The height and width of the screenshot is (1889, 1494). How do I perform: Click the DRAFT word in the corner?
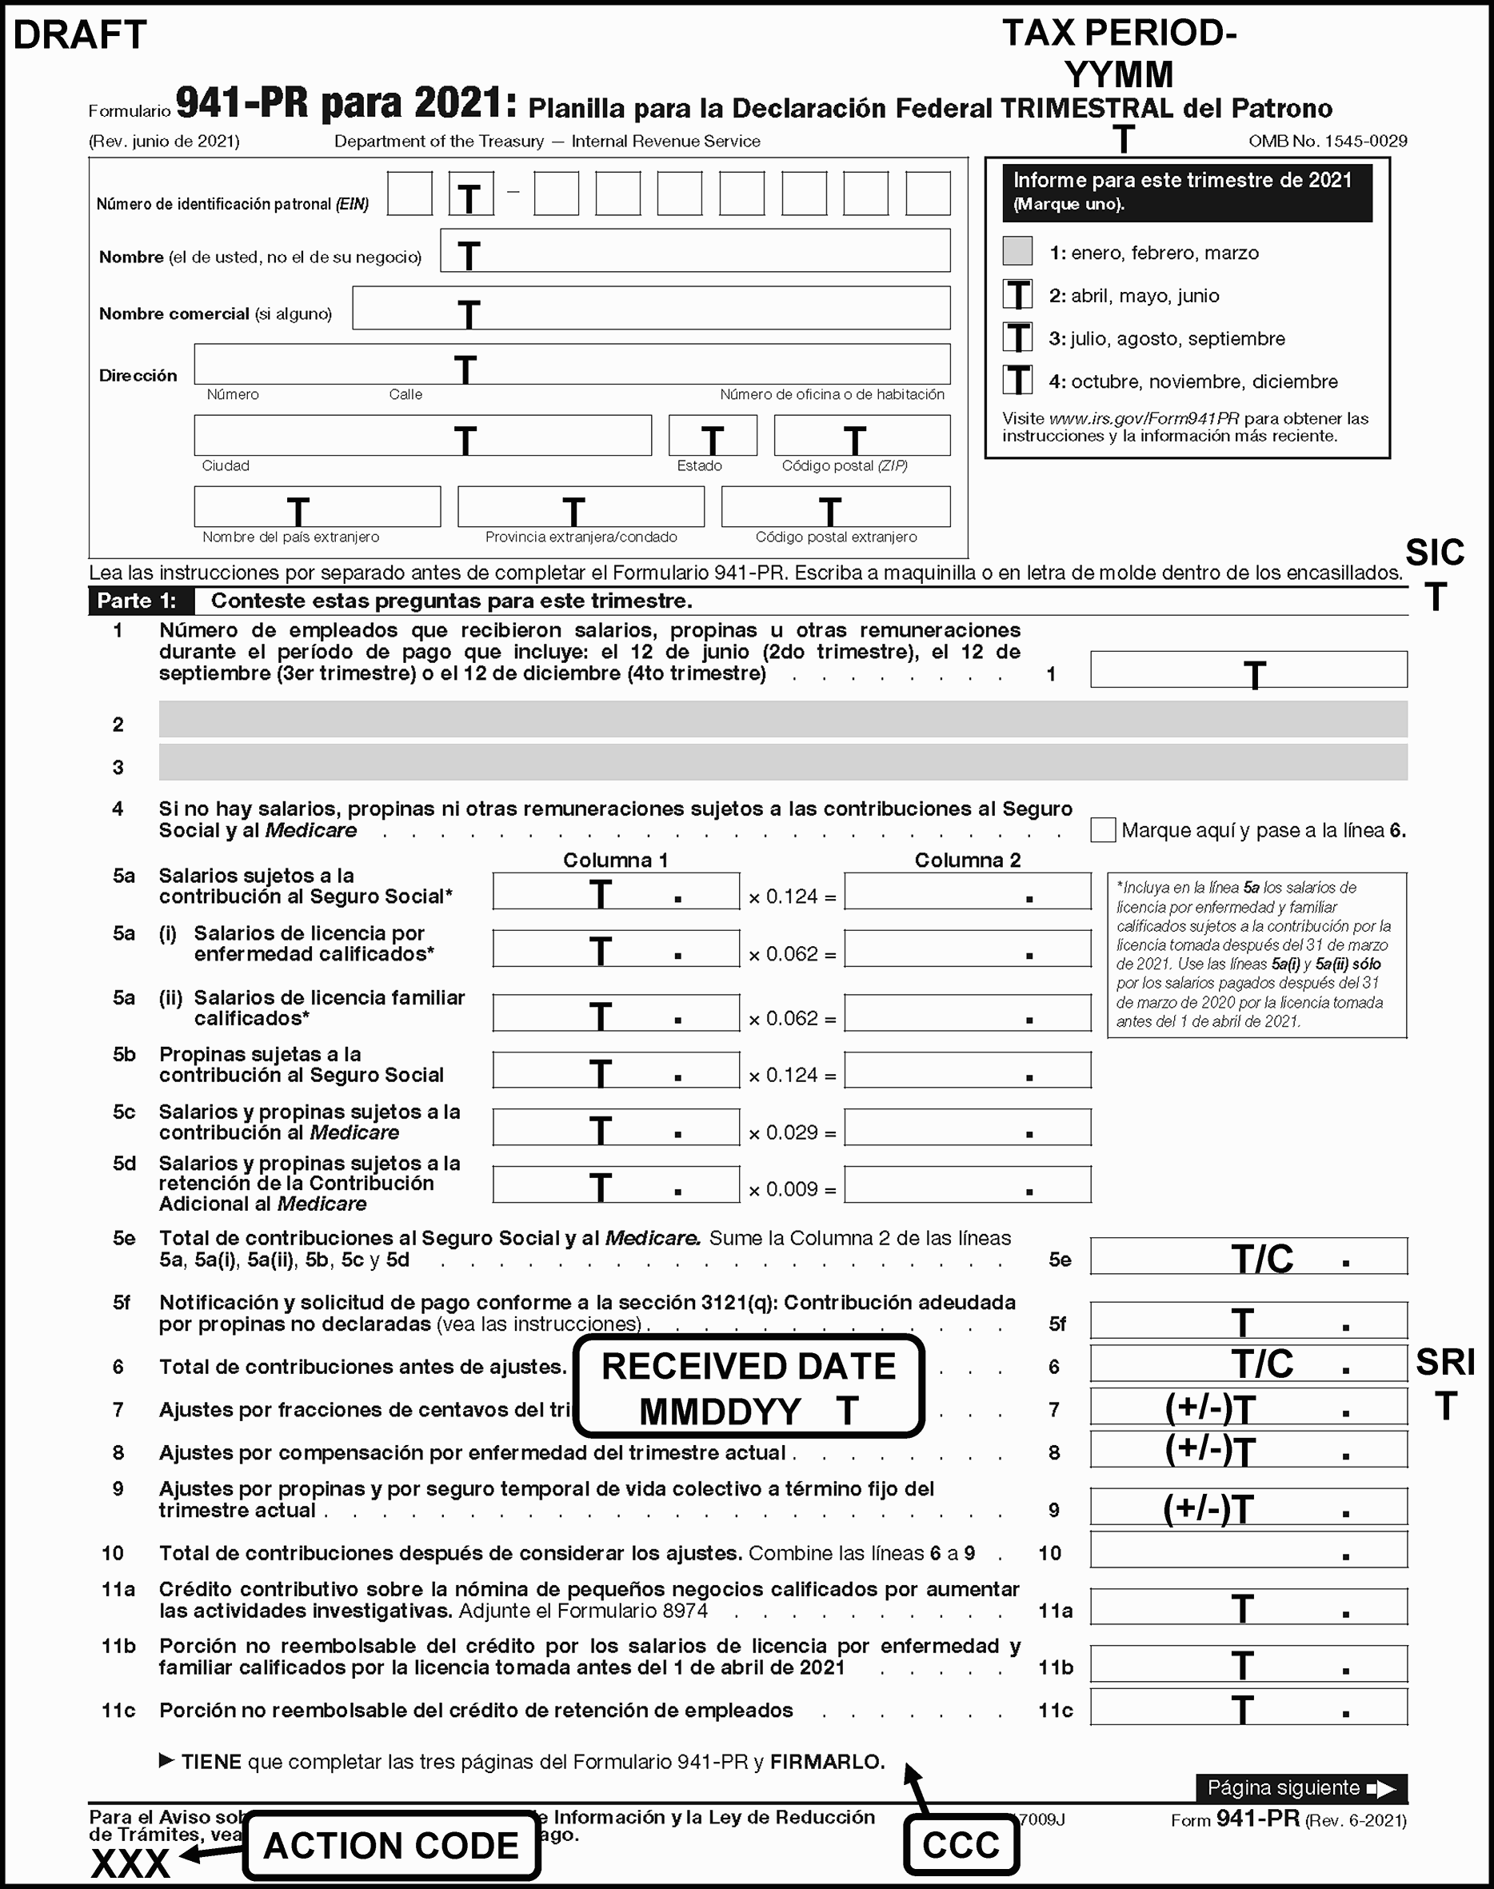80,36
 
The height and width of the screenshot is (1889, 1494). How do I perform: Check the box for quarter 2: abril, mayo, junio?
1017,295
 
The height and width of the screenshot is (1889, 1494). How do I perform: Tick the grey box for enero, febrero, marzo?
1017,252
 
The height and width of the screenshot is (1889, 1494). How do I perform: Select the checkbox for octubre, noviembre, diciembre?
1017,381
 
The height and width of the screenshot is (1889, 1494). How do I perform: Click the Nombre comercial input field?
651,309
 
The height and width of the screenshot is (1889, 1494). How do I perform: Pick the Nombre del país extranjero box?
317,507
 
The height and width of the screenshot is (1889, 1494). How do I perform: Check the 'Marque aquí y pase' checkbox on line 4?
1102,830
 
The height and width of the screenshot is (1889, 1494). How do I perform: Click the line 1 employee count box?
1248,670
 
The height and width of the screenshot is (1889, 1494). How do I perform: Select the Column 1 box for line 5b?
616,1070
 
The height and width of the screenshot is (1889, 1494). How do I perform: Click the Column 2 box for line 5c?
968,1128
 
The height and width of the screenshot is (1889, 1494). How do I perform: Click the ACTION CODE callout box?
391,1846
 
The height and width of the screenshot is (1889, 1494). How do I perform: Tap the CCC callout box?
961,1845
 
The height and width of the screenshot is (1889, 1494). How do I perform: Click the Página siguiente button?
1300,1788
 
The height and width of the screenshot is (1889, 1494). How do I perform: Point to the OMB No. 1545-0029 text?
1327,142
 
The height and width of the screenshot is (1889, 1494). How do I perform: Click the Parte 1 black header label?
138,601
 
